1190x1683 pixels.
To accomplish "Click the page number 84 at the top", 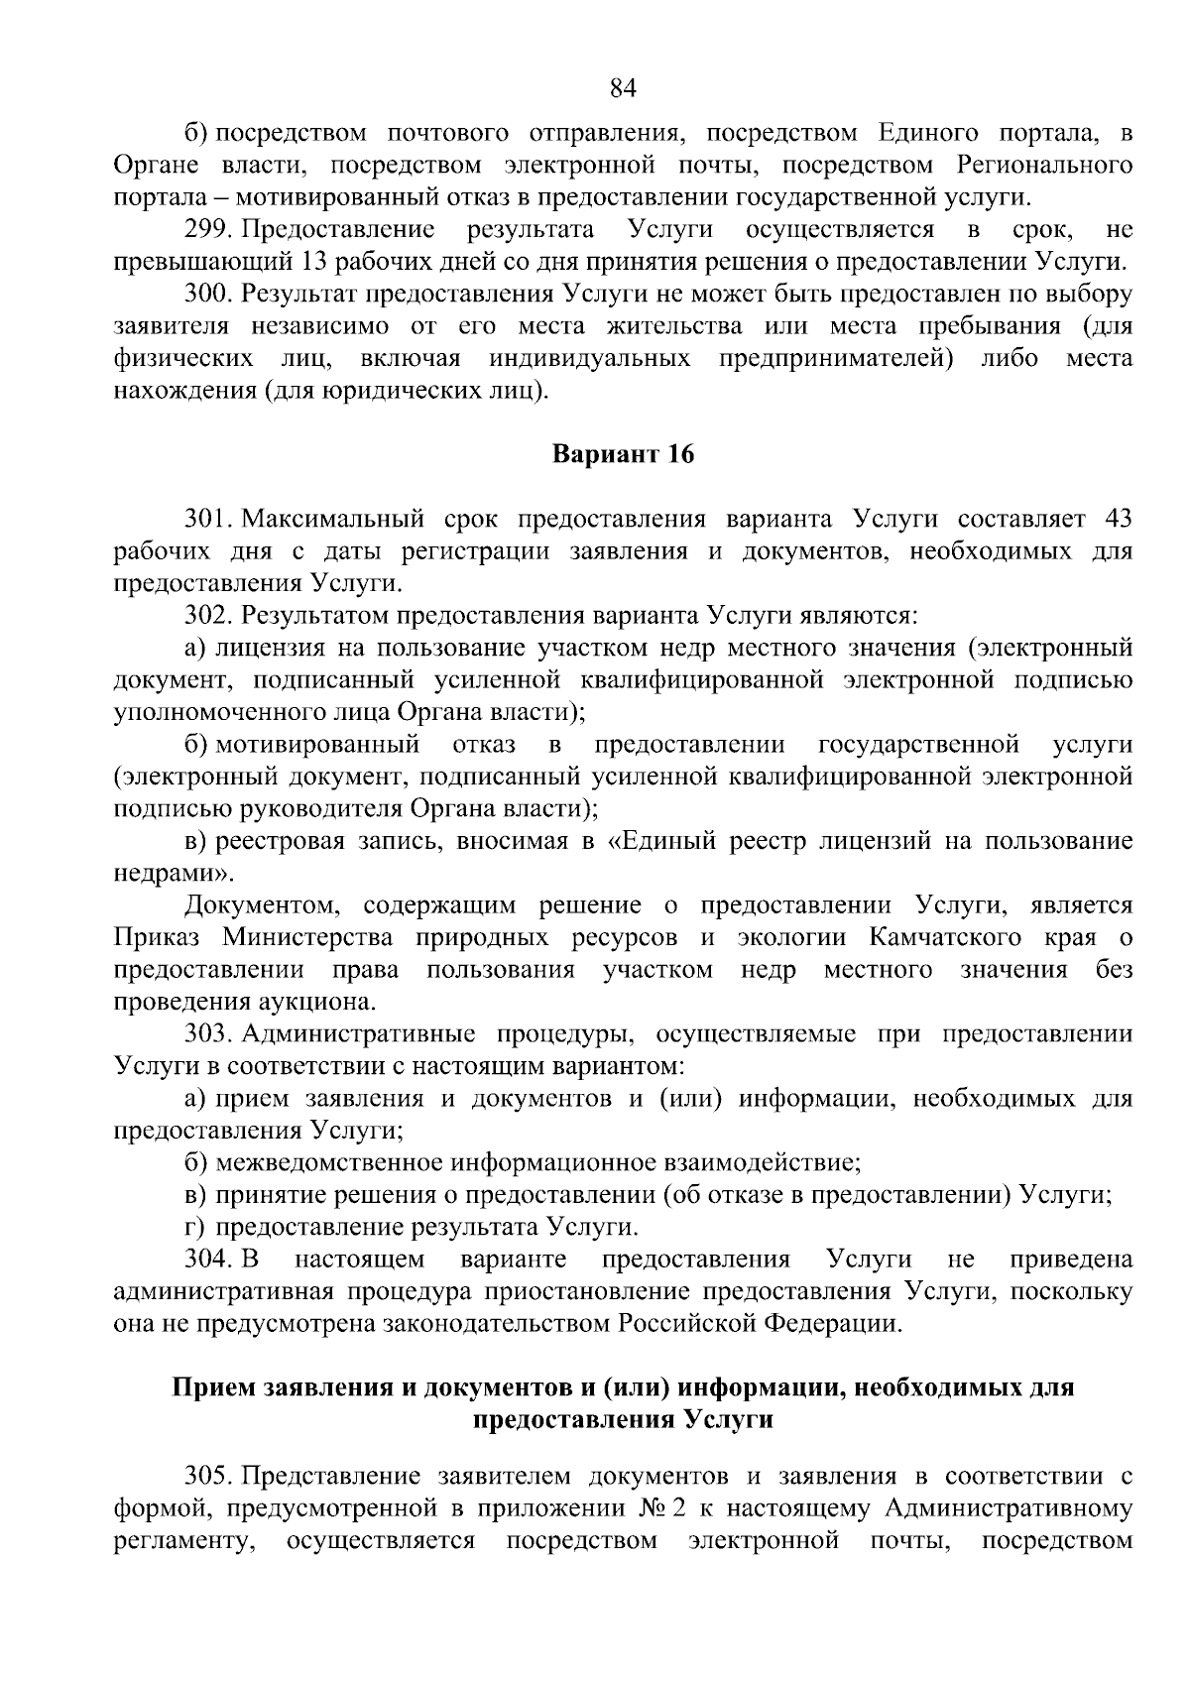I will point(622,88).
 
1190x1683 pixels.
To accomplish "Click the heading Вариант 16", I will point(623,455).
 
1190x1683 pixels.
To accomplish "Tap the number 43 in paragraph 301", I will point(1117,519).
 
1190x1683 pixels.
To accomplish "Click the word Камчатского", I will point(948,938).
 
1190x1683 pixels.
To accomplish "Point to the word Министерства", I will point(307,938).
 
